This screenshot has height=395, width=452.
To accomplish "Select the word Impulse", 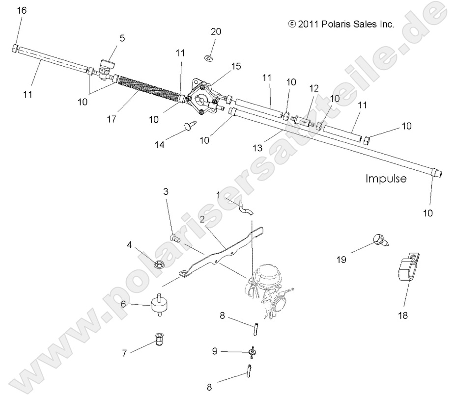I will (x=386, y=178).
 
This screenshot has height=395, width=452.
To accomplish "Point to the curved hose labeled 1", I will (x=246, y=208).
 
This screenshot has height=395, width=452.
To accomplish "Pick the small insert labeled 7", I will (x=158, y=339).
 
